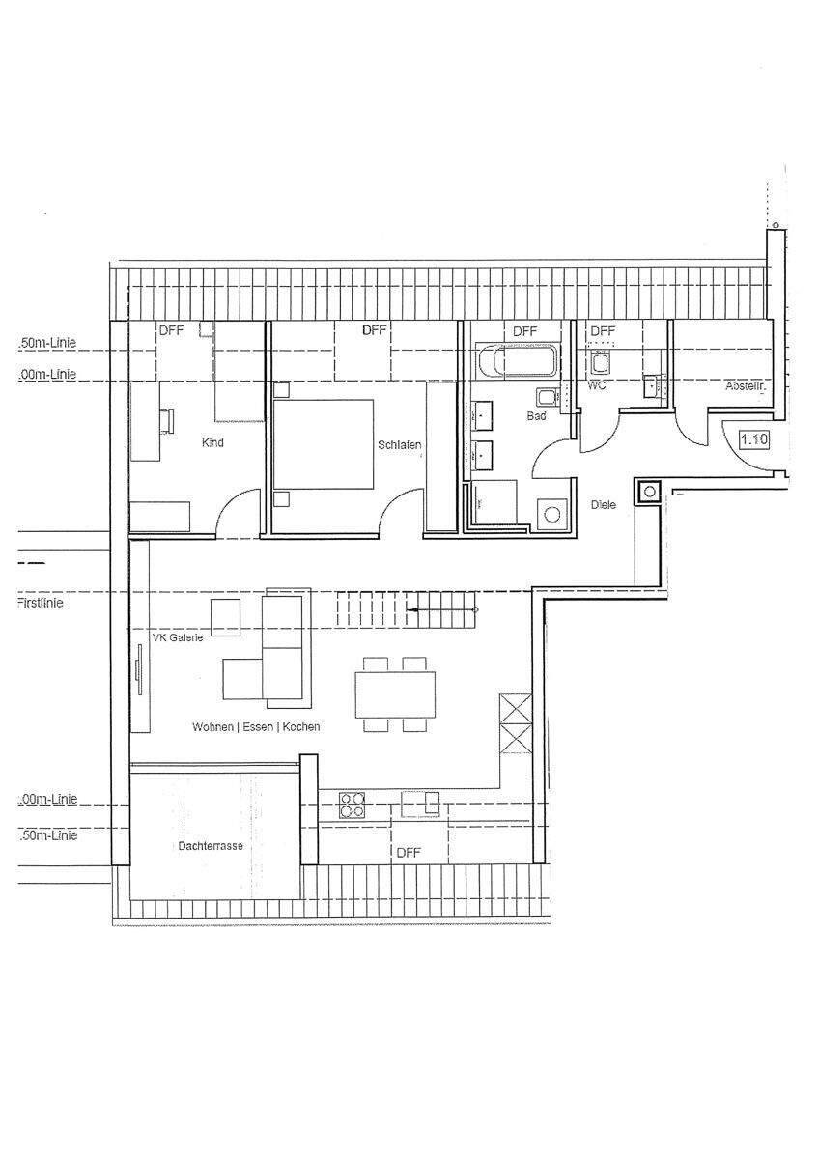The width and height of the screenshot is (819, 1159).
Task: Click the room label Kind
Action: coord(212,443)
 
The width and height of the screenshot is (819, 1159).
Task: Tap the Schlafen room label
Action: coord(399,445)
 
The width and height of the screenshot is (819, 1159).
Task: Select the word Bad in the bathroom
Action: coord(536,416)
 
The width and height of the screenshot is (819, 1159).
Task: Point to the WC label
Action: coord(596,385)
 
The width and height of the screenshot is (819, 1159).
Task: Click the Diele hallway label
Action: coord(603,505)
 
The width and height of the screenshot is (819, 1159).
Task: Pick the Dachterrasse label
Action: coord(210,845)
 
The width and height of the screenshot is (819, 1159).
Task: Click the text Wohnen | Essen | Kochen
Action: coord(256,726)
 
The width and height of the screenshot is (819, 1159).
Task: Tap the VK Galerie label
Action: coord(178,637)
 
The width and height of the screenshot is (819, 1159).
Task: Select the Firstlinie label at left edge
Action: coord(46,602)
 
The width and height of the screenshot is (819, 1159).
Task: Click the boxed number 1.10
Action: coord(753,439)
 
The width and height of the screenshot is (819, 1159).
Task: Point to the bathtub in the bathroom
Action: coord(517,363)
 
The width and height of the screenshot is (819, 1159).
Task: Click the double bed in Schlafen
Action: coord(324,443)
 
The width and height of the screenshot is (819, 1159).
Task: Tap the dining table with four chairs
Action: coord(395,693)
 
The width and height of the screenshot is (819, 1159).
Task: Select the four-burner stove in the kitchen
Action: coord(352,805)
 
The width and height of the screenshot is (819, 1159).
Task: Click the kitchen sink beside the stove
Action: coord(421,803)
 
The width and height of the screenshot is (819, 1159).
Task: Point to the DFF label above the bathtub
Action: coord(524,331)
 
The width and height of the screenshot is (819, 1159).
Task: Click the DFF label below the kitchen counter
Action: coord(409,853)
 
